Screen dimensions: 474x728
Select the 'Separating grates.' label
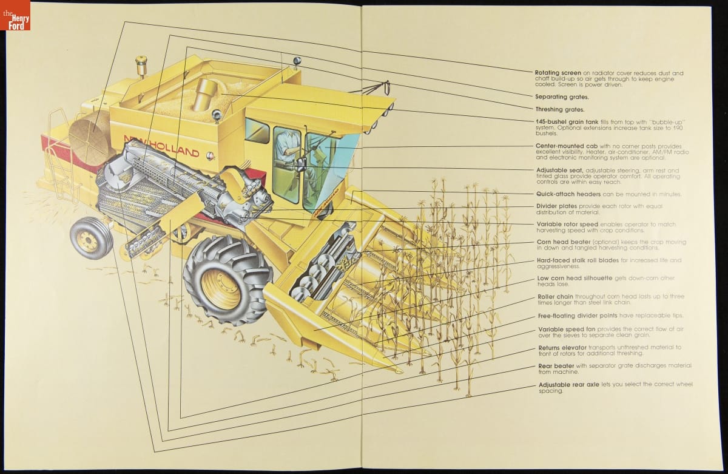tap(562, 96)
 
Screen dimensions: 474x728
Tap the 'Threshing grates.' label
tap(560, 109)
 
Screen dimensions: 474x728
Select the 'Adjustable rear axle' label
tap(569, 384)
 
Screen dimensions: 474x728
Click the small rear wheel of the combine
tap(91, 238)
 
